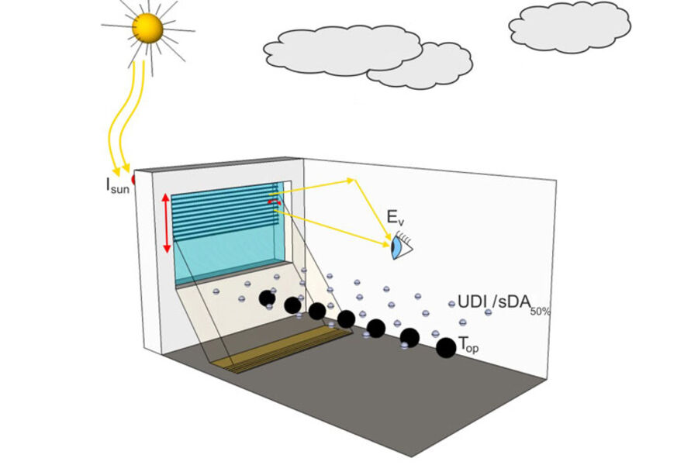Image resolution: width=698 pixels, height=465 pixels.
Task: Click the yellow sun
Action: tap(147, 29)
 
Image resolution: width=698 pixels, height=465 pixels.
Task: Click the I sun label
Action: tap(117, 185)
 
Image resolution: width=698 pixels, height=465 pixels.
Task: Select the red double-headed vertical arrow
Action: tap(165, 223)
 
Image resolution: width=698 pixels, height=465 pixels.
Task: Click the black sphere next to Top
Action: tap(446, 348)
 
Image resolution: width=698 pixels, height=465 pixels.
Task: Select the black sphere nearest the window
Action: tap(267, 298)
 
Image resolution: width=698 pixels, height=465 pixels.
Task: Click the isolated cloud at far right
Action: tap(569, 27)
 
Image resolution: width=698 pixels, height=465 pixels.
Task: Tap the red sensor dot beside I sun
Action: tap(133, 180)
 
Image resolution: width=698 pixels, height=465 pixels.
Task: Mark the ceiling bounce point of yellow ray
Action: tap(354, 180)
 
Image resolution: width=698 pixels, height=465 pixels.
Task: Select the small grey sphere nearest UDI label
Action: tap(451, 304)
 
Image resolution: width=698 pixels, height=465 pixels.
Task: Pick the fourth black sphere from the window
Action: tap(346, 319)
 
